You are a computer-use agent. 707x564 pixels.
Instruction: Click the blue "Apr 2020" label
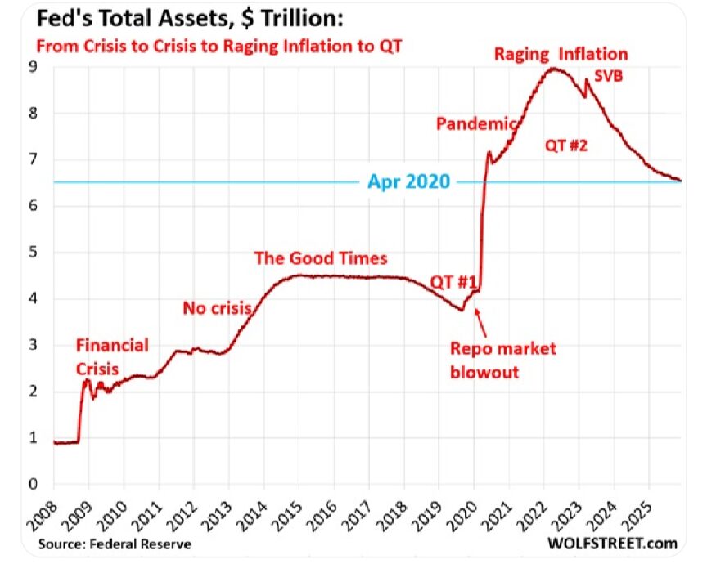click(408, 181)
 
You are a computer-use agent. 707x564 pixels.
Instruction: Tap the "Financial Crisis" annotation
click(112, 356)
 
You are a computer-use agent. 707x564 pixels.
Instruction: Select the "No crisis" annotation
click(216, 308)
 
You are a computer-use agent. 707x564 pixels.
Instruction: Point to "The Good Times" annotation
click(321, 258)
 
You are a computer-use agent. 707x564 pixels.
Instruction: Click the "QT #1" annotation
click(453, 282)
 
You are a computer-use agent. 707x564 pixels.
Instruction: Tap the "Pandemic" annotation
click(476, 124)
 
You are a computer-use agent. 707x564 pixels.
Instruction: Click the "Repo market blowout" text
click(503, 360)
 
